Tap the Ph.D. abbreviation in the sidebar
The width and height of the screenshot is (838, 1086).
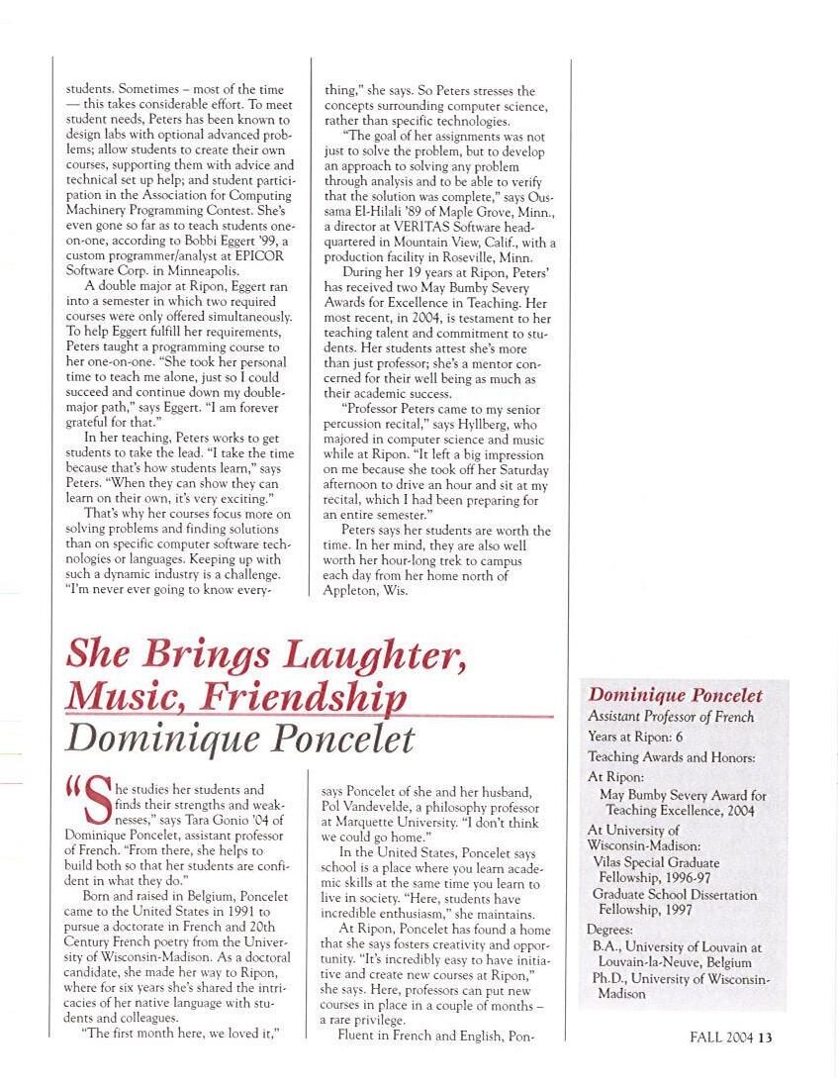pyautogui.click(x=606, y=978)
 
